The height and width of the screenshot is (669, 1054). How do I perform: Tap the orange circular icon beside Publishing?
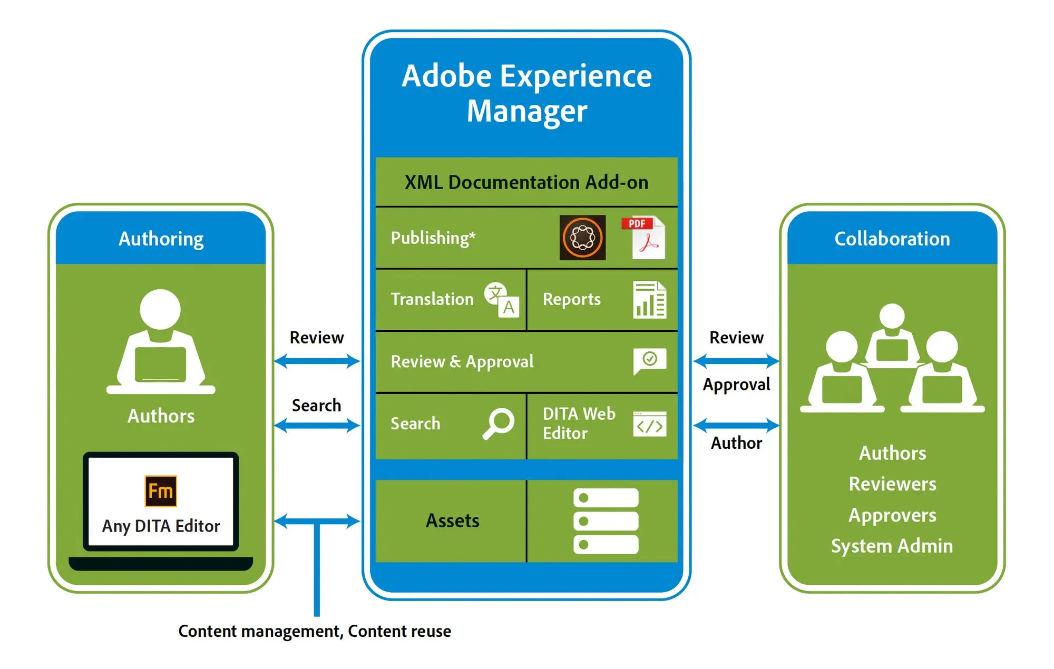tap(582, 238)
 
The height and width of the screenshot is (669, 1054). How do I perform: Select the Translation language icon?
tap(502, 300)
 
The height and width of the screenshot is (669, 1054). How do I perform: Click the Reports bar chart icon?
tap(649, 300)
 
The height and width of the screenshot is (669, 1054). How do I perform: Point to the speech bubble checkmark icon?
tap(649, 361)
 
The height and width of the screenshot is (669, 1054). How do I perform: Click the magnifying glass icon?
tap(498, 423)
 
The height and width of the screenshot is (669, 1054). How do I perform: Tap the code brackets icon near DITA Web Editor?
tap(649, 425)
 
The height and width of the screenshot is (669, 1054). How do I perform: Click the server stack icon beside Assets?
tap(606, 521)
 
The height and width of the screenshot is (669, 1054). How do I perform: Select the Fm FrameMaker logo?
tap(161, 491)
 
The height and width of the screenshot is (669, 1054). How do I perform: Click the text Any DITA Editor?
tap(161, 526)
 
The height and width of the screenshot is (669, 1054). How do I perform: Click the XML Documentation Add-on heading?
tap(526, 182)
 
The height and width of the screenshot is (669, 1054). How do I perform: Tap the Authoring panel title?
tap(161, 239)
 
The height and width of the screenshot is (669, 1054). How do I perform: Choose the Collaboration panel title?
tap(892, 239)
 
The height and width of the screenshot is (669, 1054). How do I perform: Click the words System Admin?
tap(892, 546)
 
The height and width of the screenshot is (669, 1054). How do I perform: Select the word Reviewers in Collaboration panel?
tap(892, 484)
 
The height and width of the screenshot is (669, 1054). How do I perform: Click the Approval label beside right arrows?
tap(736, 385)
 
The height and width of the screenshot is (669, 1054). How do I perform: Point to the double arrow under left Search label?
tap(317, 425)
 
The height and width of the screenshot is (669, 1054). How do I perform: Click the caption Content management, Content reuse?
tap(315, 631)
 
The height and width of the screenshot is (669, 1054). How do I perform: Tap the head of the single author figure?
tap(160, 309)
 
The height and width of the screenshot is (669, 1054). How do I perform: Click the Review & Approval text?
tap(462, 361)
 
